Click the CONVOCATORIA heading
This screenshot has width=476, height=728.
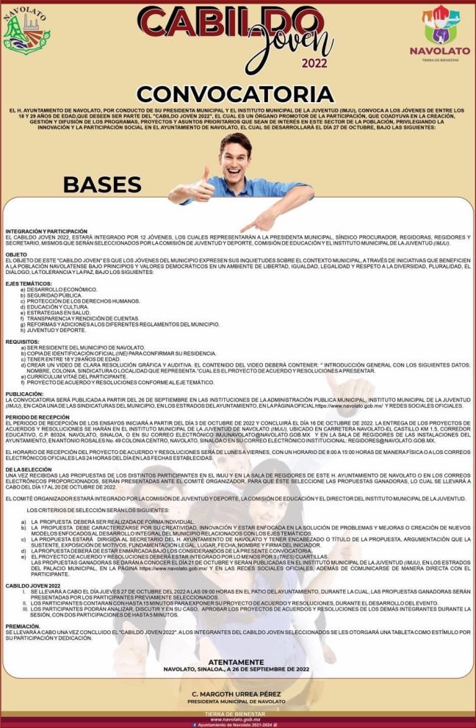click(x=235, y=94)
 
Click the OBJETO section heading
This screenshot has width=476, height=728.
click(x=15, y=255)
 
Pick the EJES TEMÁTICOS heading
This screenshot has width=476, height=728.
click(x=26, y=283)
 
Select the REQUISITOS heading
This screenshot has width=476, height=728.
click(x=21, y=342)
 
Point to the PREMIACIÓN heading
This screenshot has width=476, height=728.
click(x=22, y=625)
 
